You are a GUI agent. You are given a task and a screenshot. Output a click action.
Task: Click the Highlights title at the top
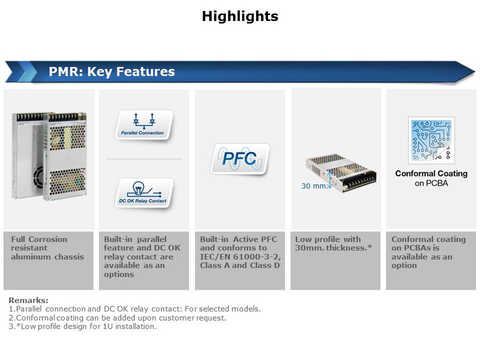point(240,16)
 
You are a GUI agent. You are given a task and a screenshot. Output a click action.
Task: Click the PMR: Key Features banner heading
point(111,71)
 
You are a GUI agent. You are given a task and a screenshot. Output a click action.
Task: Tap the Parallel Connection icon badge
point(143,125)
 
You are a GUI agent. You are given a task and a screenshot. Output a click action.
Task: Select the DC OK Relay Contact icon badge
point(144,193)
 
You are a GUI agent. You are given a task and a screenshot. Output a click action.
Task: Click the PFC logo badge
point(239,159)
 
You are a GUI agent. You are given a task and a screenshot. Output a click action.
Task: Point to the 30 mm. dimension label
point(314,186)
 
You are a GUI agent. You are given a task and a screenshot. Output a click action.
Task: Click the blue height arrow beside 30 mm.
point(329,179)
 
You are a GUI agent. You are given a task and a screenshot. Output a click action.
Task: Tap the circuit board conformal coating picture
point(431,140)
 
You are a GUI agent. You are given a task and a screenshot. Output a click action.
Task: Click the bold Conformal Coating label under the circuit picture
point(431,173)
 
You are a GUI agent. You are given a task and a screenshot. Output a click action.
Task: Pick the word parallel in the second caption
point(152,239)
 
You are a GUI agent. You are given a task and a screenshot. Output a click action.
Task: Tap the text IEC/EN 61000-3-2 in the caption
point(240,257)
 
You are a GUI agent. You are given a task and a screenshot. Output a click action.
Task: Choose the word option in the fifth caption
point(404,265)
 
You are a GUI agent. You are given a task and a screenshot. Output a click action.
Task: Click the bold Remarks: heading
point(28,300)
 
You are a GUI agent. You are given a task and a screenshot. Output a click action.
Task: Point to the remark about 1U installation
point(82,326)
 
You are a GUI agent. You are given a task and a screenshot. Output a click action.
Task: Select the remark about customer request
point(117,318)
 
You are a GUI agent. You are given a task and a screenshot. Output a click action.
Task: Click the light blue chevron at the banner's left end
point(27,71)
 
